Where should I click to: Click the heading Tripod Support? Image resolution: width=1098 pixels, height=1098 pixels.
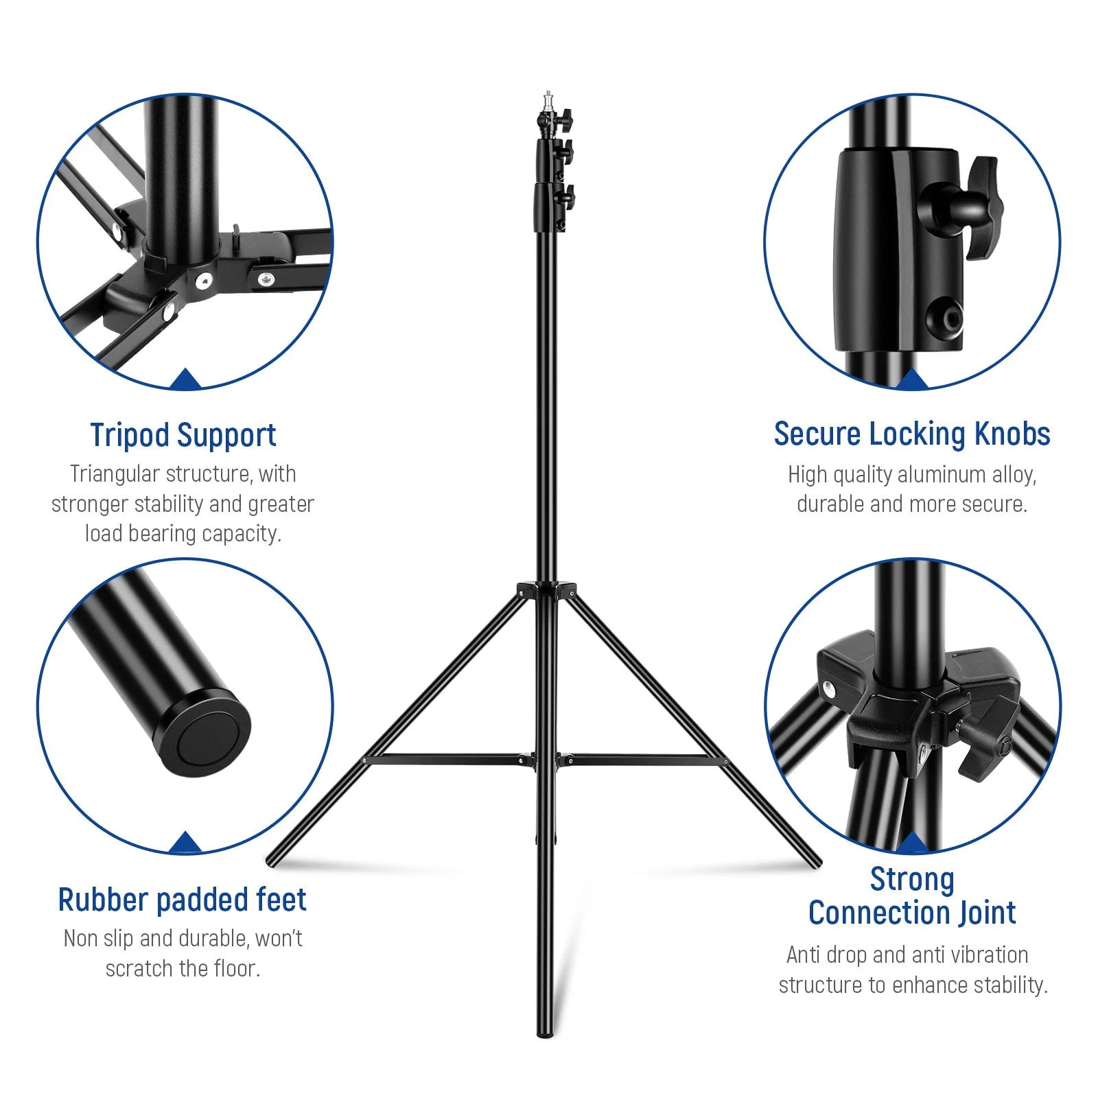[x=183, y=435]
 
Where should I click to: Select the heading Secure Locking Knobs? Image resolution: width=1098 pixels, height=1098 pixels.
[x=911, y=434]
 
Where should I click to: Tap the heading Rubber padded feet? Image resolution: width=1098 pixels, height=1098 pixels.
[x=182, y=900]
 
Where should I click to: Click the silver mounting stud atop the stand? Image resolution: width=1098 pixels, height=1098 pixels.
[x=548, y=100]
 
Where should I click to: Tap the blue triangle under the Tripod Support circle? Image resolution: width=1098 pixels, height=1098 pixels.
[x=185, y=379]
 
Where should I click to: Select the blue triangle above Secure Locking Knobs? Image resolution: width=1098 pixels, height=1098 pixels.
[x=911, y=379]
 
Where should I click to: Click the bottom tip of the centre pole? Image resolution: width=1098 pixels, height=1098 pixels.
[x=545, y=1033]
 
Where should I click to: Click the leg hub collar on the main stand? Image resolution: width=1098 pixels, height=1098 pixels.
[x=547, y=590]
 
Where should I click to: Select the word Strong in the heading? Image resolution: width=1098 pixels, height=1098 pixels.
[x=911, y=880]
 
